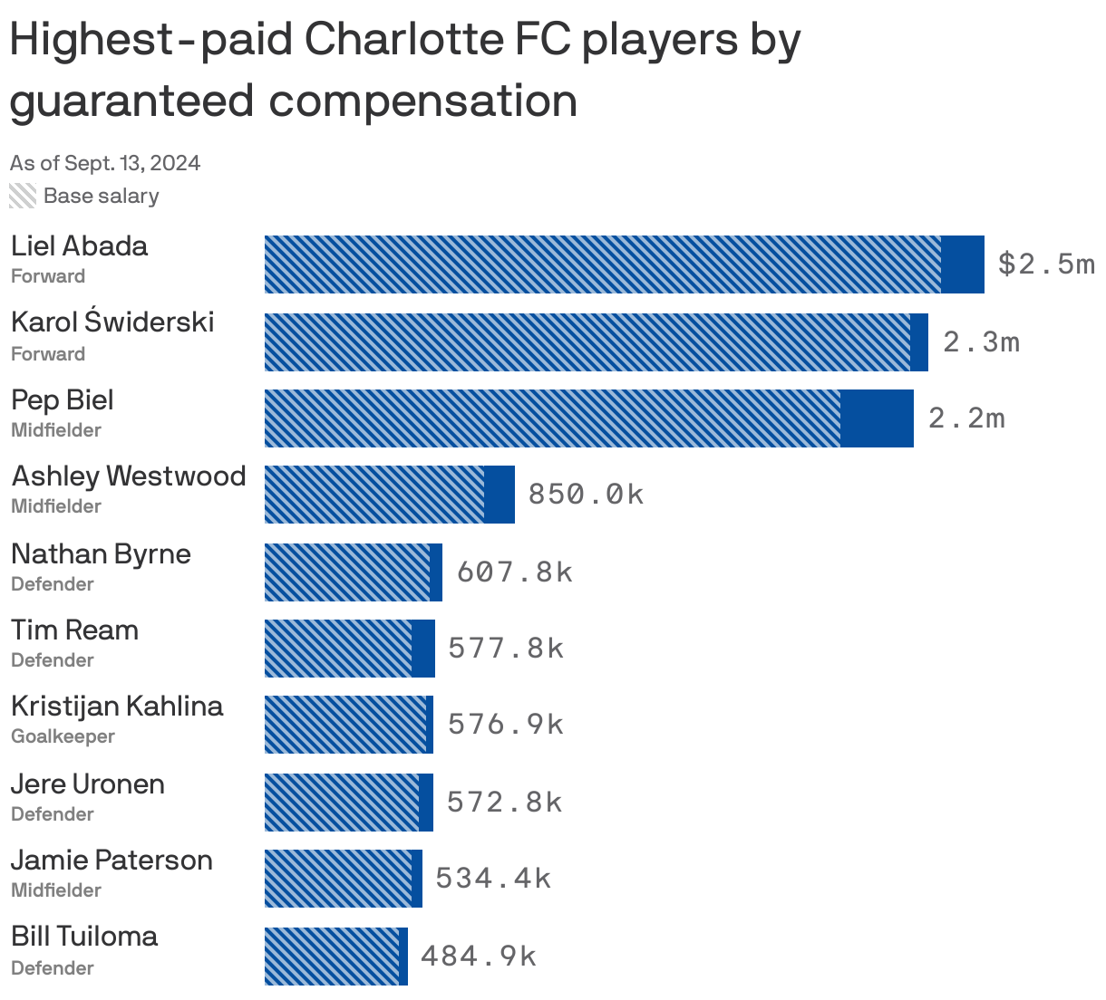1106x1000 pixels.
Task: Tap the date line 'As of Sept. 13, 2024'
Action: click(105, 163)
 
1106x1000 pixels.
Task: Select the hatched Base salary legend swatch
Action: click(23, 196)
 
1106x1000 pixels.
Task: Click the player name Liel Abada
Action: click(79, 245)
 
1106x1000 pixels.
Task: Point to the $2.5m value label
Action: click(1045, 264)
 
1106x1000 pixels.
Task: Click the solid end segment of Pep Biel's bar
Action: click(877, 418)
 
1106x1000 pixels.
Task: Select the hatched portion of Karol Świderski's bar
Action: click(587, 341)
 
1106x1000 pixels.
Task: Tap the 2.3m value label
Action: click(981, 341)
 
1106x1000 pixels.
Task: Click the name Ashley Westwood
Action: click(129, 476)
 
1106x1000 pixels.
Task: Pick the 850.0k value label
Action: click(586, 495)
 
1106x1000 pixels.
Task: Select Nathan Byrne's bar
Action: click(353, 572)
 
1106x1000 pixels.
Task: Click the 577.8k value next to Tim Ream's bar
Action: click(506, 649)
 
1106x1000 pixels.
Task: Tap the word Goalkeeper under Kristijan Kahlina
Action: click(63, 736)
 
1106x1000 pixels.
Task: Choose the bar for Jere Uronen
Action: click(348, 803)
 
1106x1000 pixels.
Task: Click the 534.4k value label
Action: click(493, 879)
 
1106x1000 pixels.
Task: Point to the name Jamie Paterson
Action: click(112, 861)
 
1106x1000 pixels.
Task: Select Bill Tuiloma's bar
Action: click(335, 957)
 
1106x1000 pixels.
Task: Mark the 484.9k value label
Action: click(479, 957)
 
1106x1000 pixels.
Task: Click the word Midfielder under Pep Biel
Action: click(56, 430)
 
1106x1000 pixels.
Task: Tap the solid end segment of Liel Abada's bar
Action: click(963, 264)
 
